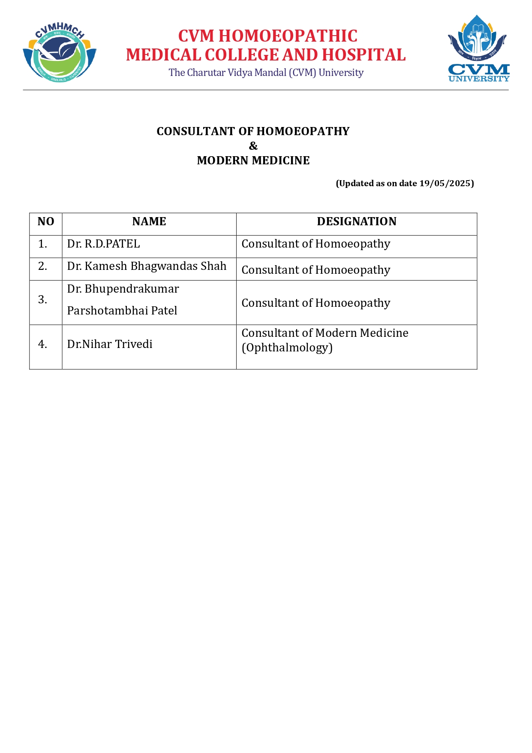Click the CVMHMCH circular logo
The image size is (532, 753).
click(x=59, y=52)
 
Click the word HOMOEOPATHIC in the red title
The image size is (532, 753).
click(x=288, y=36)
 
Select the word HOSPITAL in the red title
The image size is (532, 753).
click(x=364, y=55)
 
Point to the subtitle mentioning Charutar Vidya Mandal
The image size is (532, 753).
click(x=266, y=73)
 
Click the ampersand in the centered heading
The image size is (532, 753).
click(x=253, y=146)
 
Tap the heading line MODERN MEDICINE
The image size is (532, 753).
click(x=253, y=160)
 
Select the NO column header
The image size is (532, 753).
click(x=46, y=221)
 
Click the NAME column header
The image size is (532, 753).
click(x=149, y=221)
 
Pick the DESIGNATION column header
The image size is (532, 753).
click(x=357, y=221)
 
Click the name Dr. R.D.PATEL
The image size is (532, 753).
click(x=104, y=244)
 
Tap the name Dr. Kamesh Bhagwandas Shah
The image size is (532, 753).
click(x=147, y=266)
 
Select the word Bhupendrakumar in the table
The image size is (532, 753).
click(x=132, y=289)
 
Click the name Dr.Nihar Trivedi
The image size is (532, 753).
click(x=110, y=344)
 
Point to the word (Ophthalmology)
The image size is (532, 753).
click(x=287, y=348)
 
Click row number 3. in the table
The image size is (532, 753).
click(x=42, y=299)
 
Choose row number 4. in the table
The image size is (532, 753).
click(x=42, y=344)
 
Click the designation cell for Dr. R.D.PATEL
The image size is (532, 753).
click(x=316, y=244)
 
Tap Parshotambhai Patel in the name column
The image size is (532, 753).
click(x=122, y=311)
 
